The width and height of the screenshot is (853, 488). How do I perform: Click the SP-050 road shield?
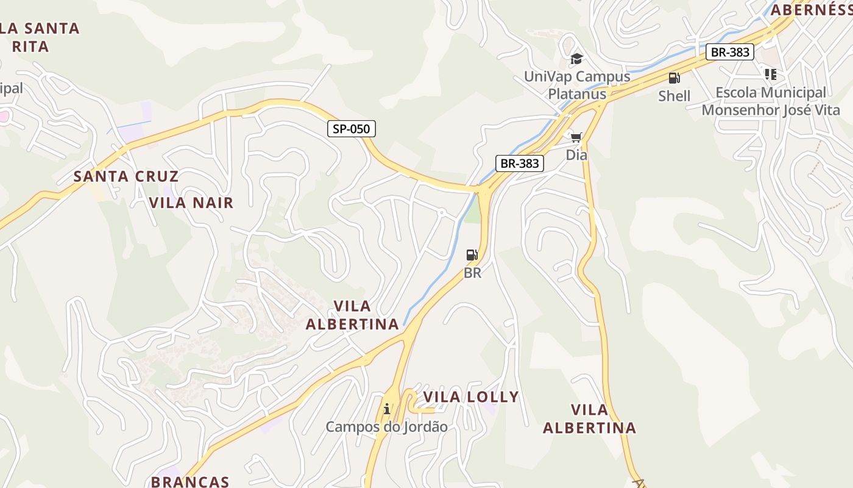coord(352,129)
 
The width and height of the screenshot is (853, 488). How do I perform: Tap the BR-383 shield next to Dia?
coord(520,163)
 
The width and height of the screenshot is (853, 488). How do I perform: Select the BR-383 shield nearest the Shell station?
coord(730,52)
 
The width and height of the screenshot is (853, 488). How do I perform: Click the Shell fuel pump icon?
coord(674,78)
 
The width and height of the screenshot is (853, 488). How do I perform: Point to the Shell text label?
coord(674,96)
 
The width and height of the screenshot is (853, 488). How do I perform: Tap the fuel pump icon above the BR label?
coord(472,255)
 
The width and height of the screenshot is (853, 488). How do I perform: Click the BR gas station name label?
coord(473,273)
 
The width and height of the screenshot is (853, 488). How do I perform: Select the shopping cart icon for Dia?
coord(576,137)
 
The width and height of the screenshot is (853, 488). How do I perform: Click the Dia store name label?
coord(576,155)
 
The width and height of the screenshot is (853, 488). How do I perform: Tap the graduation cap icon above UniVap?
coord(576,59)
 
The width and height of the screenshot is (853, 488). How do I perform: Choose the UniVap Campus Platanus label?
coord(577,85)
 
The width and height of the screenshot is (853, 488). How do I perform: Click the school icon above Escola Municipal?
coord(771,74)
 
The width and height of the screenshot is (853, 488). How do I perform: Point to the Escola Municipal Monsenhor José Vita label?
coord(771,101)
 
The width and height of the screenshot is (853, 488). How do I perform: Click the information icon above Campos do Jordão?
coord(386,409)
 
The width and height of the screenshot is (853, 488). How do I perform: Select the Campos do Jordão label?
coord(386,426)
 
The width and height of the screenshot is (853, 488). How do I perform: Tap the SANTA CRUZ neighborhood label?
coord(126,177)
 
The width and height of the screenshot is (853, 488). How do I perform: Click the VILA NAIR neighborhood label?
coord(191,203)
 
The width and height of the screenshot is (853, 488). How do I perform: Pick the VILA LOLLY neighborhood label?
coord(471,397)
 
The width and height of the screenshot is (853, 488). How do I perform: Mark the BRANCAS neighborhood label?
coord(190,481)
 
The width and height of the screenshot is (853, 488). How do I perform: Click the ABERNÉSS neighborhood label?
coord(811,10)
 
